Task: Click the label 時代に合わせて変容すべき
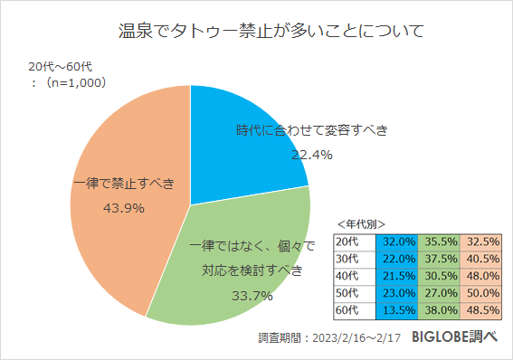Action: coord(311,130)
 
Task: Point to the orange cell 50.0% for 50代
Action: coord(483,293)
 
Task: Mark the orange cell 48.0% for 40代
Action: coord(483,276)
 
